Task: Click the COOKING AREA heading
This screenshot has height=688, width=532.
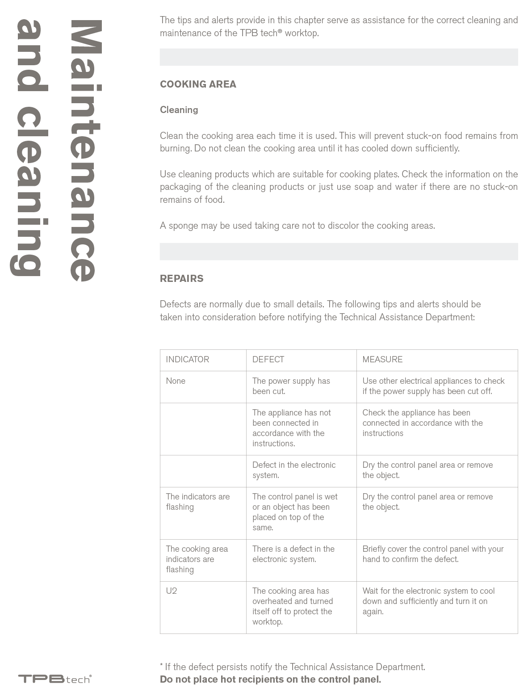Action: click(198, 84)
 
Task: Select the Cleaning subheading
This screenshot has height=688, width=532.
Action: click(179, 110)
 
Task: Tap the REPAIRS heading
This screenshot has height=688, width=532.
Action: click(181, 278)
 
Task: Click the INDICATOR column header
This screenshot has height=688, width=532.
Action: click(187, 360)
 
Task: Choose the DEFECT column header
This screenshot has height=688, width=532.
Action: click(268, 360)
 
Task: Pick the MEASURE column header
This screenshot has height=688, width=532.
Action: click(382, 360)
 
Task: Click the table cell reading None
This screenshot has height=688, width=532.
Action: click(176, 381)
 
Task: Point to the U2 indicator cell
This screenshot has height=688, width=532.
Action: click(172, 591)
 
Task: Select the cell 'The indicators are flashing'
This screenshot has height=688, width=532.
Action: click(197, 502)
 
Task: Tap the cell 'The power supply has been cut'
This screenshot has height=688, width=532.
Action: click(291, 386)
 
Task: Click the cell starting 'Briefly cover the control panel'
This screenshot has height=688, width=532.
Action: click(432, 554)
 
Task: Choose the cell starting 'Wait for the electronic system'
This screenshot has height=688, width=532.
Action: click(428, 601)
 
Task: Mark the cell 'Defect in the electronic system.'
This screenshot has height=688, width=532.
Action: click(293, 470)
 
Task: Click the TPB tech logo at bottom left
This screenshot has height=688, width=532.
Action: click(54, 679)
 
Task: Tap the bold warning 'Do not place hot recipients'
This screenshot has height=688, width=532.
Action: click(270, 680)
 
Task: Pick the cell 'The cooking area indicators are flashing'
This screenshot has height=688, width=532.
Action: click(197, 559)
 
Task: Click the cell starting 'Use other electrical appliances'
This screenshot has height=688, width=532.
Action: click(433, 386)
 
